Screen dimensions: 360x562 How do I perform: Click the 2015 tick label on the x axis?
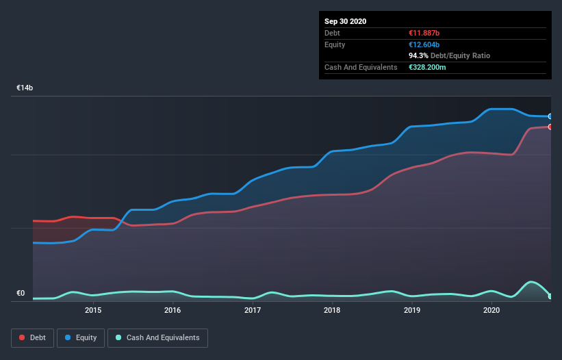click(93, 310)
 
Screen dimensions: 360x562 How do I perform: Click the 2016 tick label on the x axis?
click(173, 310)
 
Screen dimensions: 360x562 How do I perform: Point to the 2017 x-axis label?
click(253, 310)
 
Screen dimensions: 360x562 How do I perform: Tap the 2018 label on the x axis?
click(332, 310)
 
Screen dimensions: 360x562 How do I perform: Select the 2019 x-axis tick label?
click(412, 310)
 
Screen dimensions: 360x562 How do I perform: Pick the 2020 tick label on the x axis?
click(491, 310)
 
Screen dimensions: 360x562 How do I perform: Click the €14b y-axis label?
click(25, 88)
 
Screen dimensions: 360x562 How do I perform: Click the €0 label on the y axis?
click(21, 294)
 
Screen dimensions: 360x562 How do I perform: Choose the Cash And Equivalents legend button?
click(157, 337)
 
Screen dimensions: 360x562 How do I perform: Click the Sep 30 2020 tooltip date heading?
click(346, 21)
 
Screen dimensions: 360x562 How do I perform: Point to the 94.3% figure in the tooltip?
click(418, 55)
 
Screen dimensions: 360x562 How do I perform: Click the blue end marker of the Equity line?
click(550, 116)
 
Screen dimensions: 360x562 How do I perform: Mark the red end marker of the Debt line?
click(550, 127)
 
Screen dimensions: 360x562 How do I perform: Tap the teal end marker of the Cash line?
click(550, 296)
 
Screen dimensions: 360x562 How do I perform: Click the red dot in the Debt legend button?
click(22, 337)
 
